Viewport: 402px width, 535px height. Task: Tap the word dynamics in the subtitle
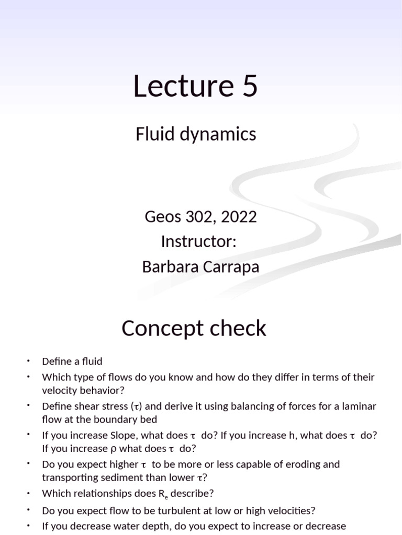223,134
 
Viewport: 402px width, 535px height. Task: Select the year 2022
239,217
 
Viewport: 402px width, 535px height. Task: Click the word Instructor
199,242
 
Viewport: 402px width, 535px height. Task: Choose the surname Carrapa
231,267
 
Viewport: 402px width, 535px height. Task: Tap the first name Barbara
167,267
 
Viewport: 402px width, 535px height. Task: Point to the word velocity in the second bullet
60,390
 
